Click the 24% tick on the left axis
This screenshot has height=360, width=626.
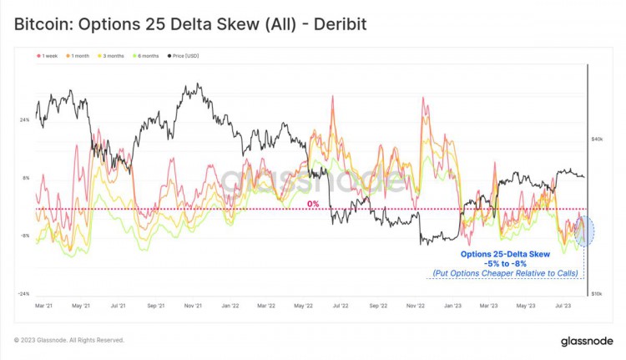24,120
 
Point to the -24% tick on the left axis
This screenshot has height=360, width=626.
23,294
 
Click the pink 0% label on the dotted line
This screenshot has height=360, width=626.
313,204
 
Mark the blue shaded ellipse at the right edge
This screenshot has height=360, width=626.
585,231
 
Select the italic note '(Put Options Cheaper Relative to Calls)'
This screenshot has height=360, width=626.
507,273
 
